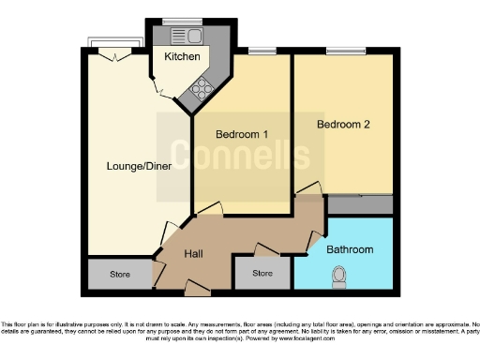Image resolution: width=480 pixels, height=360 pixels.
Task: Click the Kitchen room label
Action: [182, 57]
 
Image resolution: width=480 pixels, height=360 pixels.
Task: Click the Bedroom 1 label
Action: [242, 134]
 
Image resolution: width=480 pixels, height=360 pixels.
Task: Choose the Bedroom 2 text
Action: [343, 124]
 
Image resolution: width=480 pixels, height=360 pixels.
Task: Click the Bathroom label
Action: [349, 249]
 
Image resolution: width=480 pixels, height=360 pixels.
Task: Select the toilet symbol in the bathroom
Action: [340, 277]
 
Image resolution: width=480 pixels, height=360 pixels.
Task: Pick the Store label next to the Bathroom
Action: [262, 274]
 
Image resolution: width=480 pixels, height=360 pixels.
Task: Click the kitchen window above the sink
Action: [175, 21]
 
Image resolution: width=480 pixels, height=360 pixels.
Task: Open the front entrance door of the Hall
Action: [198, 285]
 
